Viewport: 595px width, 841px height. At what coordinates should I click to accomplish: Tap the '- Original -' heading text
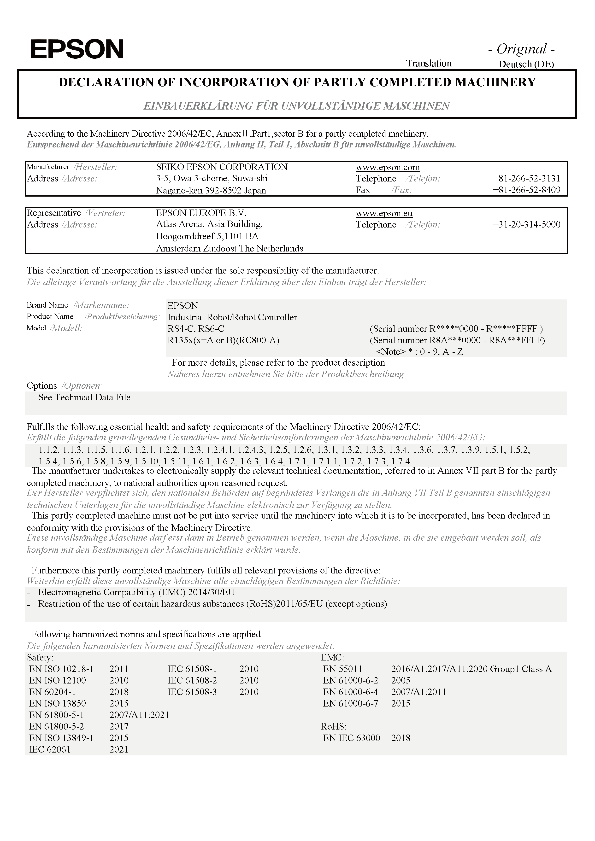[x=521, y=49]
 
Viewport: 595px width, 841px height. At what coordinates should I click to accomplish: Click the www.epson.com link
[x=387, y=167]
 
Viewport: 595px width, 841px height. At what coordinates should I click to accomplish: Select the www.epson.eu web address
[x=384, y=213]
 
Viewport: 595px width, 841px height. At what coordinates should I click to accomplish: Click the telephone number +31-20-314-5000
[x=526, y=225]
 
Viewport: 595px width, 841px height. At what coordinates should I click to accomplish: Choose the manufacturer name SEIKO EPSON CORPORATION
[x=222, y=167]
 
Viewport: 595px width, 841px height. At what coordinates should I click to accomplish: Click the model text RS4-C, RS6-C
[x=196, y=329]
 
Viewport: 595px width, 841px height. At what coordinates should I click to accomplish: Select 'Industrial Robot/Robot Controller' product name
[x=232, y=317]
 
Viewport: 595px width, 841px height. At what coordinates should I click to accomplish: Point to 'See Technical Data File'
[x=84, y=397]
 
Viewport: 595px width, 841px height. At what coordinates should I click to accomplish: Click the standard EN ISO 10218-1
[x=61, y=669]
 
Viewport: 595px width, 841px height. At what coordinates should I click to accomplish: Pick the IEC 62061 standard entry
[x=49, y=749]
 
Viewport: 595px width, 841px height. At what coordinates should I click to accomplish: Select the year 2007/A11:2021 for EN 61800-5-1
[x=139, y=715]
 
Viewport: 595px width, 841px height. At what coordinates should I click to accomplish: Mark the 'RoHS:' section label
[x=333, y=726]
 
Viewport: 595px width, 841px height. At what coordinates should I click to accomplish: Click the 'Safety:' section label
[x=40, y=658]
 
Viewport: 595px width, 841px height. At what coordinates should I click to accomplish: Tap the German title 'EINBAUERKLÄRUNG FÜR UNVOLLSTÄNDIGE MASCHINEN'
[x=296, y=106]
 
